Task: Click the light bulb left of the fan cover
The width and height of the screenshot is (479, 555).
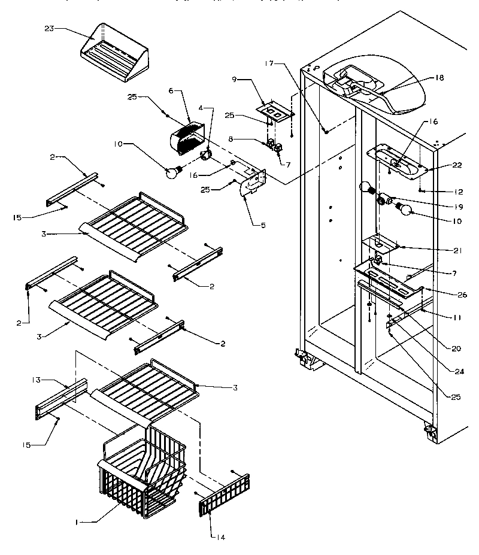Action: [173, 172]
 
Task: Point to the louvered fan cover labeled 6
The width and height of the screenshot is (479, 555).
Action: [191, 141]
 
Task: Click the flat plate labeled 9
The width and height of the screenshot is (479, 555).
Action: [275, 111]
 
